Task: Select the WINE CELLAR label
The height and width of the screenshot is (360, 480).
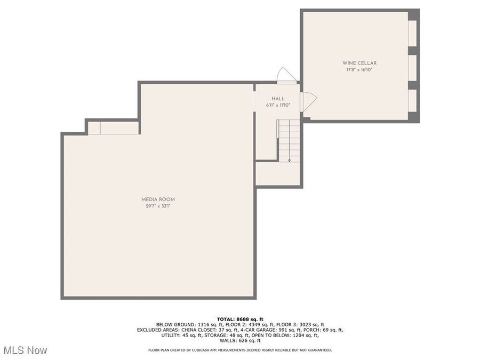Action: pyautogui.click(x=359, y=63)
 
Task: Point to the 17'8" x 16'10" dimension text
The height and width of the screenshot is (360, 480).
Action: pyautogui.click(x=359, y=69)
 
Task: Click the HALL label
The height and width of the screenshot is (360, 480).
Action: pyautogui.click(x=278, y=99)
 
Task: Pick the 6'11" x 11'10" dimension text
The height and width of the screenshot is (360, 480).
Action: pyautogui.click(x=278, y=105)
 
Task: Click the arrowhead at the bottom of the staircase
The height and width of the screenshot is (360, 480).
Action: pyautogui.click(x=290, y=159)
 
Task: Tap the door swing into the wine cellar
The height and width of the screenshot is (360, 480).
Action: pyautogui.click(x=309, y=101)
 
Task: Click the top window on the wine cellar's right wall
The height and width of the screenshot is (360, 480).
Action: pyautogui.click(x=412, y=33)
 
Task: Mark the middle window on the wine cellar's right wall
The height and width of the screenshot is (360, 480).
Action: pyautogui.click(x=412, y=67)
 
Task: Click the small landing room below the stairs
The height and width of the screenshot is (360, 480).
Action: pyautogui.click(x=279, y=173)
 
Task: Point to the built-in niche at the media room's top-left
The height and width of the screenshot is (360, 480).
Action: pyautogui.click(x=113, y=128)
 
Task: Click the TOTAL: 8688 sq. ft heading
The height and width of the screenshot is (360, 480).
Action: pyautogui.click(x=239, y=319)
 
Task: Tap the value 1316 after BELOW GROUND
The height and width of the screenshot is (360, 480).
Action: pyautogui.click(x=206, y=324)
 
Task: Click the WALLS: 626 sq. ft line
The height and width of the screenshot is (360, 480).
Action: pyautogui.click(x=239, y=340)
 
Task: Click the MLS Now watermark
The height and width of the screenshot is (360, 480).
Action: pyautogui.click(x=25, y=350)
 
